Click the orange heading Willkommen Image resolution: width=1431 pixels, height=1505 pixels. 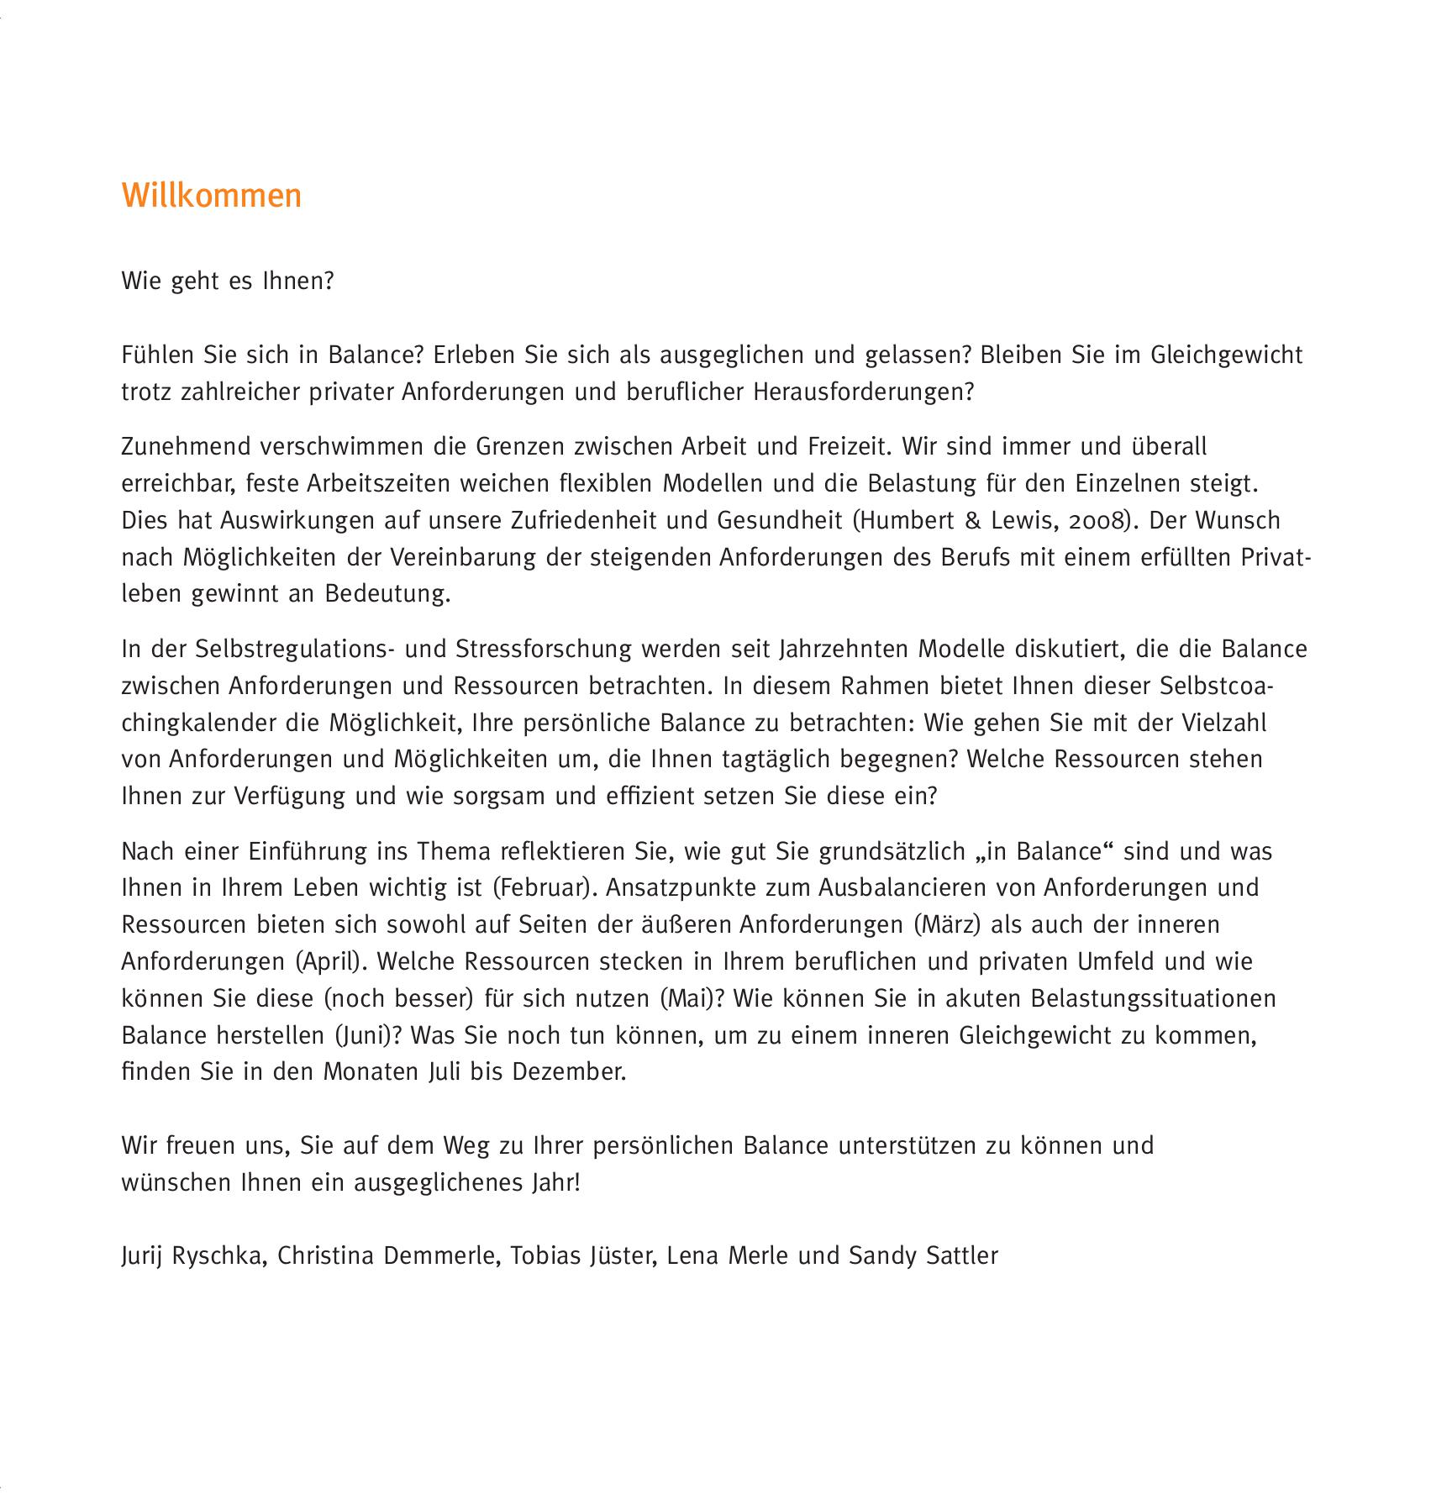pos(211,195)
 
